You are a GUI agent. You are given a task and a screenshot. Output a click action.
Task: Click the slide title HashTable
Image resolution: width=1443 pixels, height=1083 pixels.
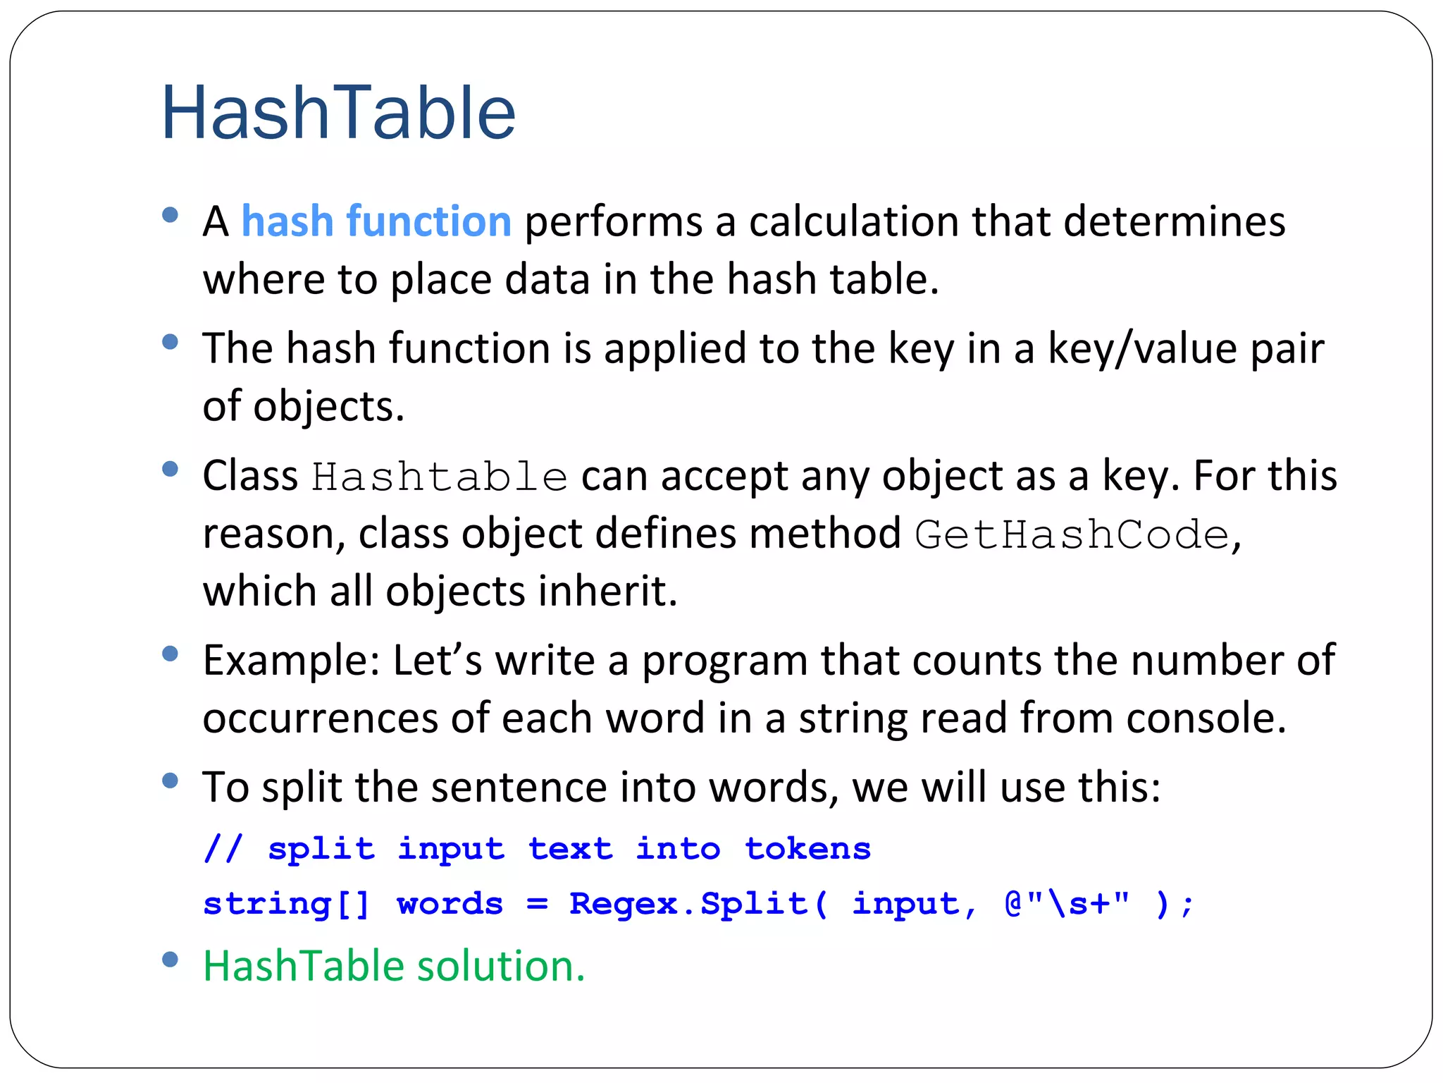point(338,113)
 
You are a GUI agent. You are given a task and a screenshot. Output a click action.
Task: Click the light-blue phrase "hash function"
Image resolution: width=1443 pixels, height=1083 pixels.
point(376,221)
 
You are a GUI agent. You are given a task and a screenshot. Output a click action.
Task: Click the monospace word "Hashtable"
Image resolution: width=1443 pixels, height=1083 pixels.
point(440,477)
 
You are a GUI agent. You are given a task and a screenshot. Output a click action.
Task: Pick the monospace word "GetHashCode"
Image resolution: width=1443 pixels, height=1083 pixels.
point(1072,534)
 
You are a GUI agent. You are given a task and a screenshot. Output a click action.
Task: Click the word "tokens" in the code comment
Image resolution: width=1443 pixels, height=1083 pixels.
point(807,848)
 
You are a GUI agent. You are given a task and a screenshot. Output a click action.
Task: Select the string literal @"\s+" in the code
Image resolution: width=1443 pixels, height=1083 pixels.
point(1067,904)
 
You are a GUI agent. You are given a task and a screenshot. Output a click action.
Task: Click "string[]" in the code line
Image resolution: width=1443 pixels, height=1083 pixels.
point(286,904)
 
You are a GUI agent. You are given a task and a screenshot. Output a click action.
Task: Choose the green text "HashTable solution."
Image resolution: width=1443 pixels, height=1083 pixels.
point(394,965)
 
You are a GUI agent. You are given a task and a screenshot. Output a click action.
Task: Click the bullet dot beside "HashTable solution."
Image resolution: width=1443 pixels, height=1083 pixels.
point(170,960)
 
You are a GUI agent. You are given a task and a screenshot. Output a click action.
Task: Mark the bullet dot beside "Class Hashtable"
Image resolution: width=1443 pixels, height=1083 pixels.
point(170,469)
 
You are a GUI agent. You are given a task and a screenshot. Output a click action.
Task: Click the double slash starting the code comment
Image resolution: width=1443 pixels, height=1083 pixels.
point(223,848)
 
